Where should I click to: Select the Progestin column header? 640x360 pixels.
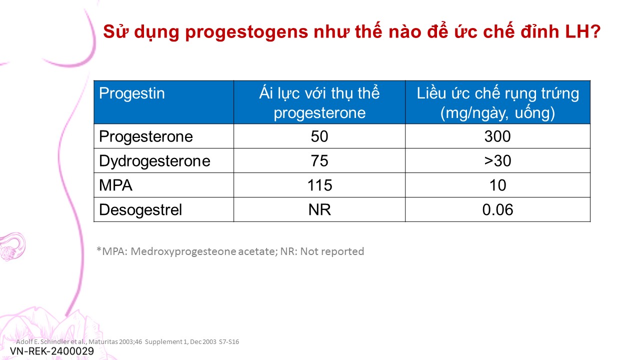point(131,93)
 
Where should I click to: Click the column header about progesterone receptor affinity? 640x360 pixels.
point(319,102)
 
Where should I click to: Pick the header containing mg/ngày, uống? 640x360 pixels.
point(497,102)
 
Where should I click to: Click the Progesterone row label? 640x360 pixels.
point(145,136)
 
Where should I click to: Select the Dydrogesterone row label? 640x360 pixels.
point(154,161)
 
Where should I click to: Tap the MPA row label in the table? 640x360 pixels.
point(115,185)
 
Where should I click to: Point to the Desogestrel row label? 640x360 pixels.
point(140,209)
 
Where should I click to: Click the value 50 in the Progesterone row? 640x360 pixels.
point(319,136)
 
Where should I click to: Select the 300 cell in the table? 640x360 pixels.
point(497,136)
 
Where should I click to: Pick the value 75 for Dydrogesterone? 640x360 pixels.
point(319,161)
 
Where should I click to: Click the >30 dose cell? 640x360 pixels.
point(497,161)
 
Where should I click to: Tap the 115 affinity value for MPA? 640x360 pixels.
point(319,185)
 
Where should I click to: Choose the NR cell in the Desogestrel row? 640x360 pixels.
point(319,209)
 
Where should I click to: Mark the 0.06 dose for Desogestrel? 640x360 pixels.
point(497,209)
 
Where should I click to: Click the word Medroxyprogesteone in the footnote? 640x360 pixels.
point(183,251)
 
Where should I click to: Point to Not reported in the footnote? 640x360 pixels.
point(332,251)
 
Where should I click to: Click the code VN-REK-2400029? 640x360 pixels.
point(52,351)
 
